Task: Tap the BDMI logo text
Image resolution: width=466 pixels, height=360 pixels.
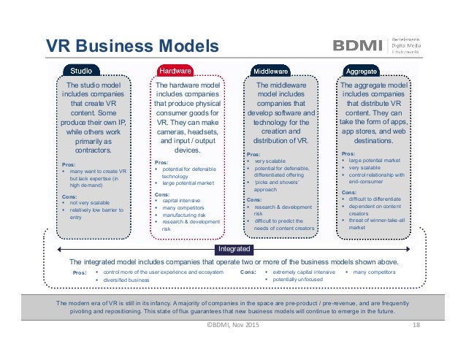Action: pos(359,45)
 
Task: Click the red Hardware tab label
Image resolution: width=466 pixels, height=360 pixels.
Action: pos(175,71)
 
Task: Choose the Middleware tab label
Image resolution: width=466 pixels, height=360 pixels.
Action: pos(270,71)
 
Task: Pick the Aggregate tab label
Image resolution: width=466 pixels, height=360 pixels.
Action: pos(362,71)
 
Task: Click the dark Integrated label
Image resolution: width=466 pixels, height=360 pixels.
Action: pos(233,249)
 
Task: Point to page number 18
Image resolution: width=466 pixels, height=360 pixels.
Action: pos(417,325)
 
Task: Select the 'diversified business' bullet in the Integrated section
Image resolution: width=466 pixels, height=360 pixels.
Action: pos(126,280)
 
